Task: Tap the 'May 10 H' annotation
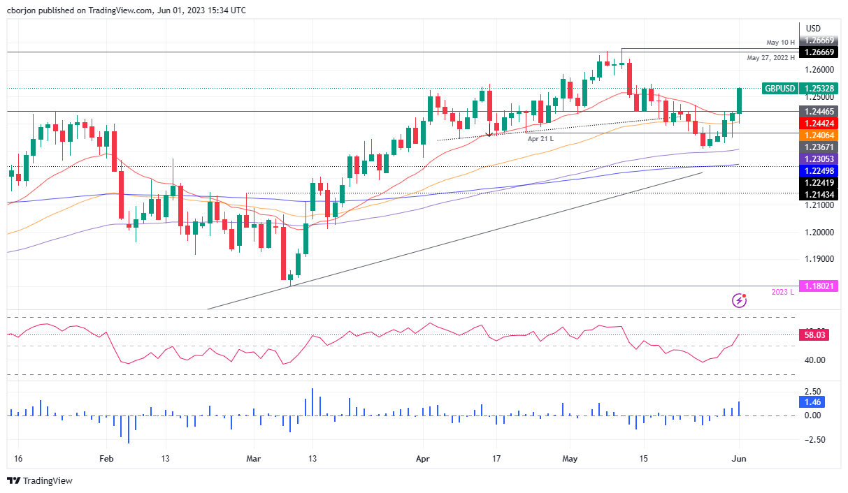point(779,41)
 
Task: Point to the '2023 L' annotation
point(783,292)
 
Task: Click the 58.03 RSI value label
point(813,335)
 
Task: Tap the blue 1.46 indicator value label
point(813,402)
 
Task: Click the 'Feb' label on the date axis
point(106,459)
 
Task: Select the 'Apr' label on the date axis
point(422,459)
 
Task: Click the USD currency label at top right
point(813,28)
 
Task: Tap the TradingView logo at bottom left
point(40,481)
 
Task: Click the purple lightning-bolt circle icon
point(740,301)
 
